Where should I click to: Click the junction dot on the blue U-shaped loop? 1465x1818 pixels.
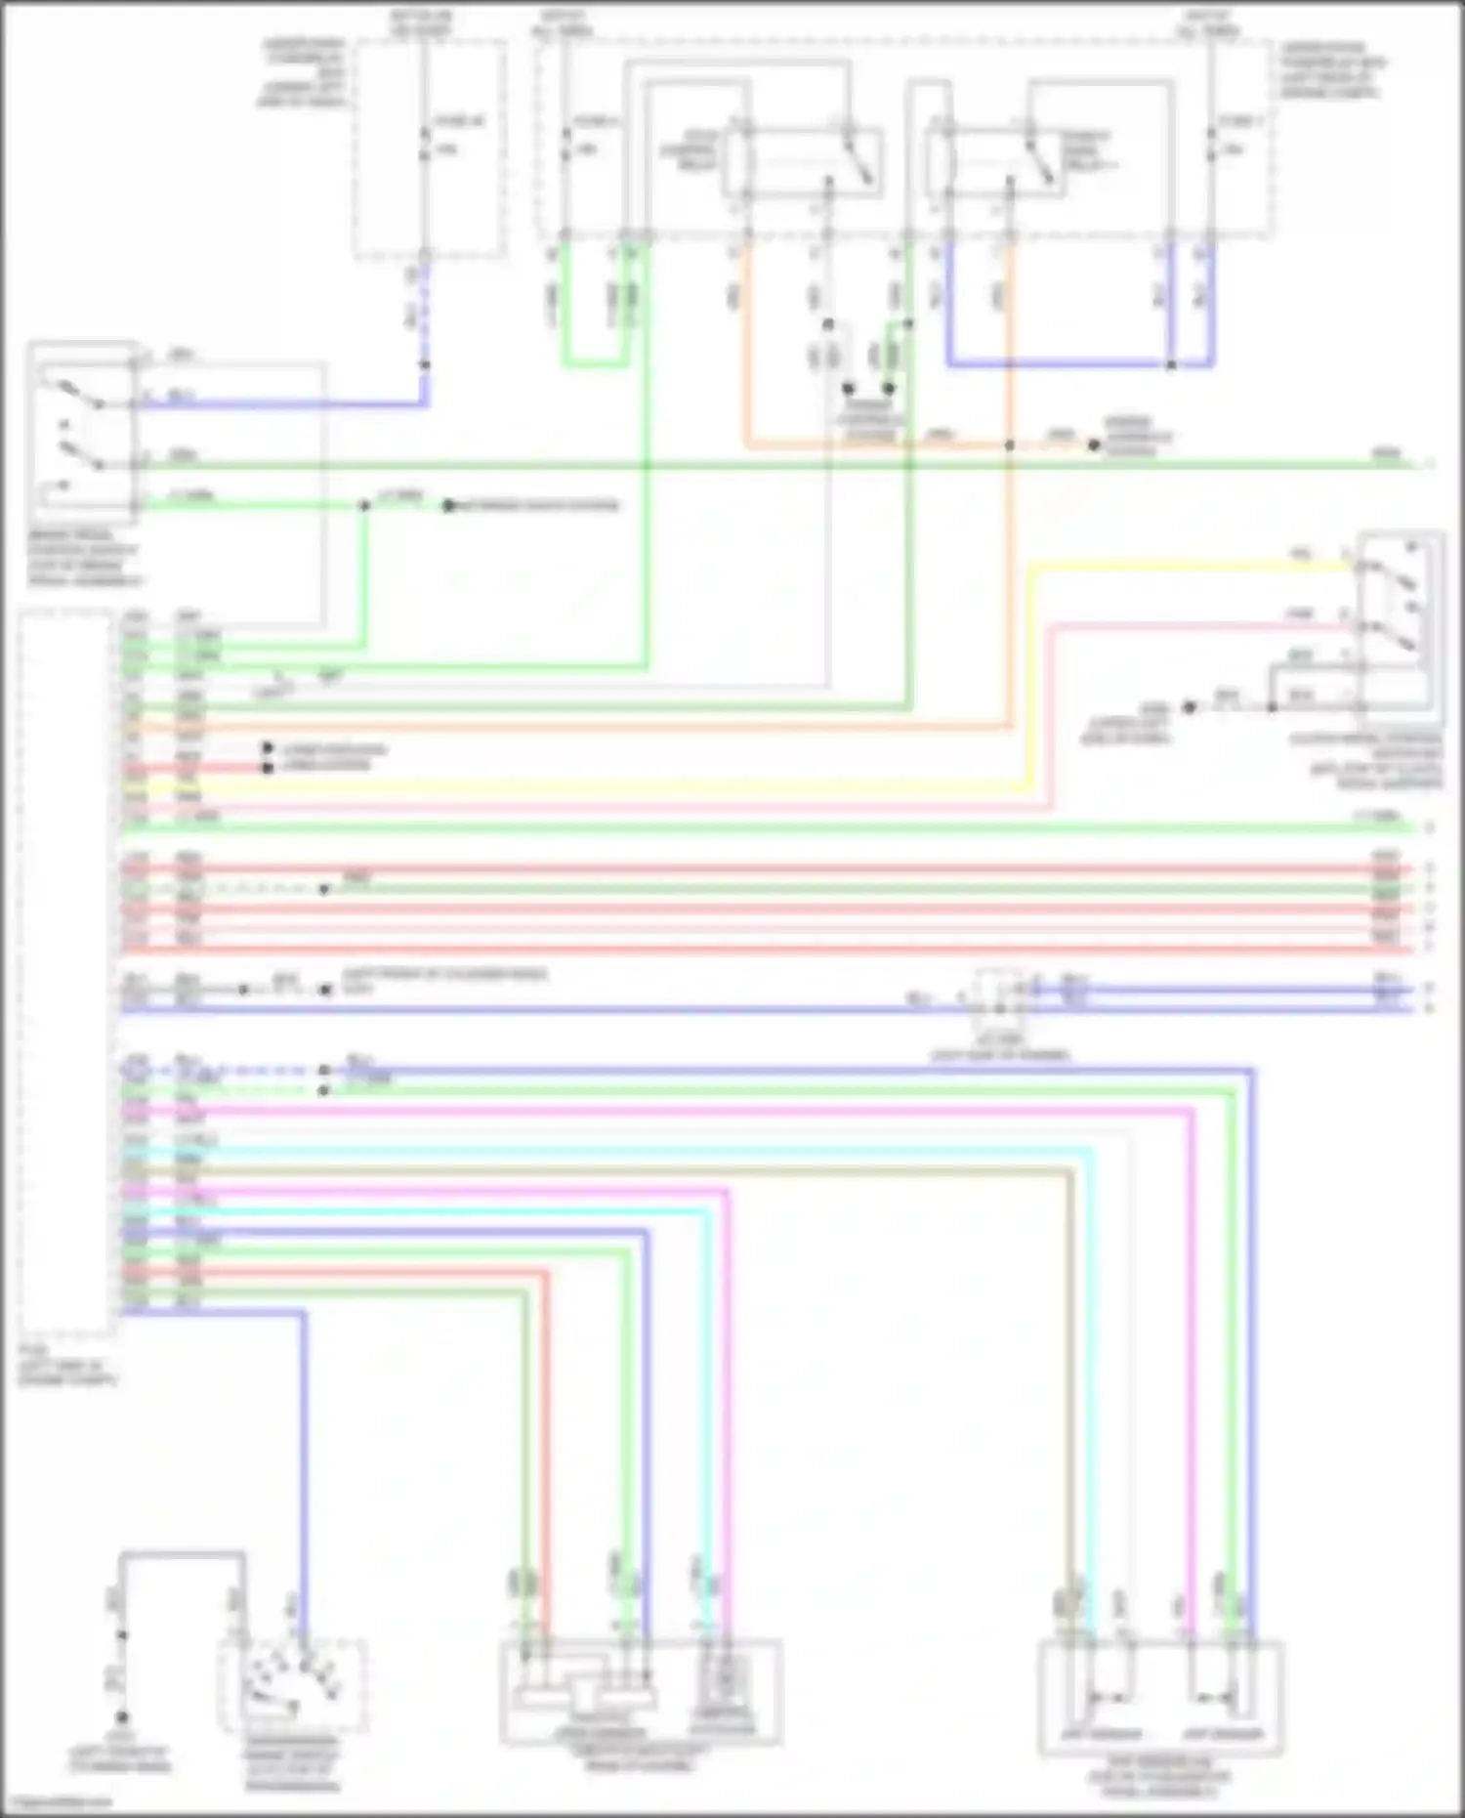pyautogui.click(x=1171, y=365)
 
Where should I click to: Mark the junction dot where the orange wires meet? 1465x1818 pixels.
pyautogui.click(x=1010, y=445)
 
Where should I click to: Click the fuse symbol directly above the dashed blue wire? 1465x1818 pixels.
pyautogui.click(x=424, y=137)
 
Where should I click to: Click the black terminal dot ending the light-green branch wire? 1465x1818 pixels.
pyautogui.click(x=448, y=506)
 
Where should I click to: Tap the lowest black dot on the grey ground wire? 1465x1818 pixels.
pyautogui.click(x=122, y=1717)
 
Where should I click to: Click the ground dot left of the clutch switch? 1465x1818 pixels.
pyautogui.click(x=1190, y=706)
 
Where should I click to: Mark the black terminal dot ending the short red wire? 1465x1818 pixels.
pyautogui.click(x=268, y=768)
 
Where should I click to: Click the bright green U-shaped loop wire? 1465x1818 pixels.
pyautogui.click(x=591, y=362)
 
